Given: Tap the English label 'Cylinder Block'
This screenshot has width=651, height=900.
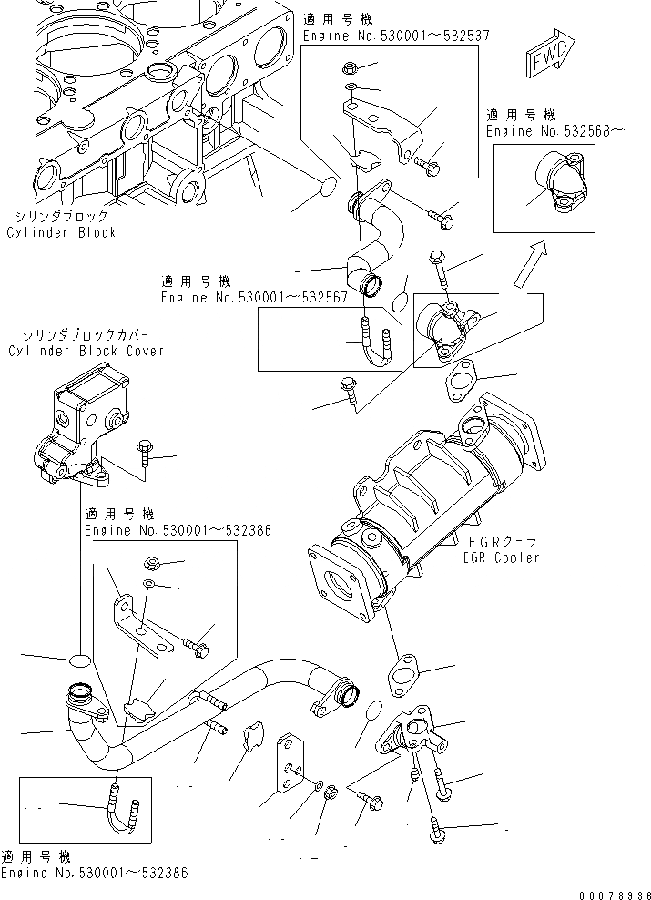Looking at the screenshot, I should point(62,233).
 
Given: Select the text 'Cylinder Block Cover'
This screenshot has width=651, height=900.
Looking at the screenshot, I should point(86,351).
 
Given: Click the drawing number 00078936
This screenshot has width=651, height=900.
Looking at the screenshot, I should point(610,894).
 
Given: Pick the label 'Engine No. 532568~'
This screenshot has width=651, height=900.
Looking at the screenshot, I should point(555,132).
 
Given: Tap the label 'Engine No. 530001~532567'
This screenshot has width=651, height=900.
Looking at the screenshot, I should point(255,298).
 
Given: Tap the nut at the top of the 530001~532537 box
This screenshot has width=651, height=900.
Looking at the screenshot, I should point(351,67).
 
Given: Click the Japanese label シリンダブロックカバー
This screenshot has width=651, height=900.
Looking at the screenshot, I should point(86,335).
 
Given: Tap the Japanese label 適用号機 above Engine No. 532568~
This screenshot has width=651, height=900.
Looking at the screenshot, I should point(520,116).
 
